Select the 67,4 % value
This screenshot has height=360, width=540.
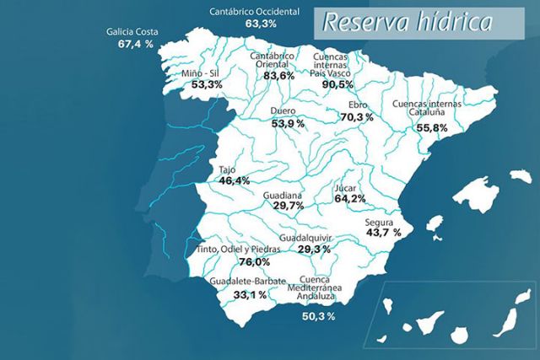point(135,43)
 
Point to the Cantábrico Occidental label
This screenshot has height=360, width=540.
point(256,12)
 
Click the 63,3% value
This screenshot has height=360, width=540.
point(262,24)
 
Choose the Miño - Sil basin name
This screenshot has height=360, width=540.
point(202,74)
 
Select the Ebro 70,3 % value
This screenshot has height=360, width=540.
point(355,117)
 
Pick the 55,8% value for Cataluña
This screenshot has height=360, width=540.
point(432,127)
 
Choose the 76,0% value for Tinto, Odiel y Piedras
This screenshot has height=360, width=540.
point(236,262)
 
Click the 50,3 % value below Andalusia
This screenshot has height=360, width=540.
point(318,316)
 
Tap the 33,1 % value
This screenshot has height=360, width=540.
point(249,294)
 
